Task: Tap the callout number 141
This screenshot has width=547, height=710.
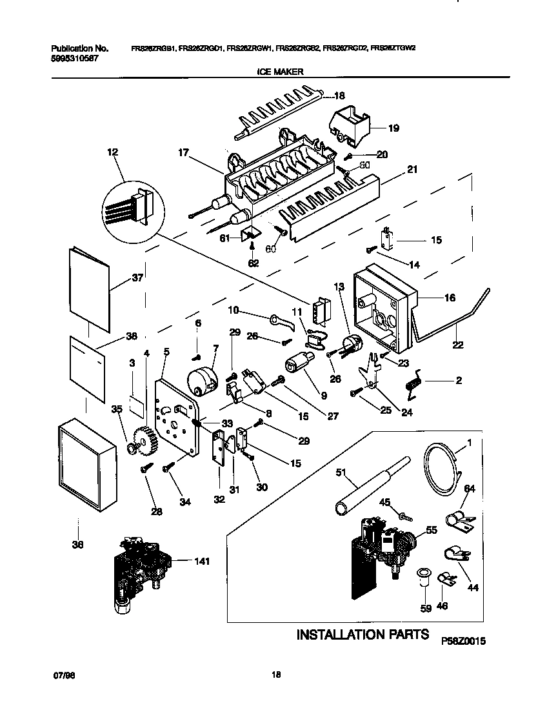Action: pos(203,562)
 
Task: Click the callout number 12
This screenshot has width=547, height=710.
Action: pos(113,153)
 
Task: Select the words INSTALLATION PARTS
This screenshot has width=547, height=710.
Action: pos(362,634)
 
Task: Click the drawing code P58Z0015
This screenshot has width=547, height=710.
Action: pos(462,642)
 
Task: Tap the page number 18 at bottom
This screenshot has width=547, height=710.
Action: pos(275,675)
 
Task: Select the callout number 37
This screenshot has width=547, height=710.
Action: pos(137,278)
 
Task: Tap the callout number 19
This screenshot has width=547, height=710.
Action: pos(393,128)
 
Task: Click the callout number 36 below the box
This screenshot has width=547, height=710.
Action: pos(79,544)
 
